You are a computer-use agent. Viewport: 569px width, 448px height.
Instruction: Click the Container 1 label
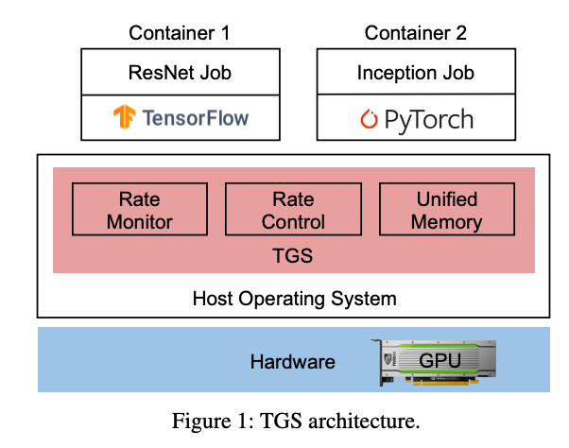click(x=180, y=34)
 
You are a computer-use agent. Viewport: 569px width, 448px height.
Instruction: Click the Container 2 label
click(x=415, y=34)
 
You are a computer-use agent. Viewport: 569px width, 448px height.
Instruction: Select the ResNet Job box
click(x=180, y=73)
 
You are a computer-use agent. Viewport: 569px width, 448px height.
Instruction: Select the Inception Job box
click(x=415, y=73)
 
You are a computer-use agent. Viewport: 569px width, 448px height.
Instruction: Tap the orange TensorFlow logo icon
click(x=125, y=117)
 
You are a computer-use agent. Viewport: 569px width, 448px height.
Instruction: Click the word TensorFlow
click(x=197, y=117)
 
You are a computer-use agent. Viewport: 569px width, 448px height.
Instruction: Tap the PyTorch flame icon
click(x=369, y=119)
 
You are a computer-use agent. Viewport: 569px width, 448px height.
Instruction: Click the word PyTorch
click(x=426, y=120)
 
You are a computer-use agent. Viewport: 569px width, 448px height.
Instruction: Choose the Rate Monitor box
click(x=140, y=211)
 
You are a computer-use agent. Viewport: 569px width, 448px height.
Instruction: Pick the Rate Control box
click(x=293, y=211)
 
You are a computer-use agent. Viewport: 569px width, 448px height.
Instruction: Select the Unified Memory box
click(x=447, y=211)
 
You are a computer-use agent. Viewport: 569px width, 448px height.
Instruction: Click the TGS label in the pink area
click(x=293, y=254)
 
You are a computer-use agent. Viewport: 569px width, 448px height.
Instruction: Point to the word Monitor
click(x=140, y=222)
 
